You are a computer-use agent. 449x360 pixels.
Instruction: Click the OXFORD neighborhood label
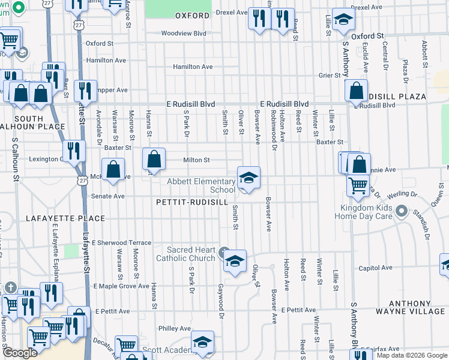pyautogui.click(x=193, y=16)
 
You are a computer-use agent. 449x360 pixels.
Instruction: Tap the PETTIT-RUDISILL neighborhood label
pyautogui.click(x=191, y=203)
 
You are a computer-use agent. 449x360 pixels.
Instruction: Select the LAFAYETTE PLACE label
pyautogui.click(x=65, y=219)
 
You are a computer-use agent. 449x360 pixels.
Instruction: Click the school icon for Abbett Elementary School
pyautogui.click(x=249, y=178)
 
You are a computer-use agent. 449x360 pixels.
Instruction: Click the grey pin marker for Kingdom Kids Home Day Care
pyautogui.click(x=402, y=212)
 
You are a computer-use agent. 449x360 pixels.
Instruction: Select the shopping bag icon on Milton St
pyautogui.click(x=154, y=160)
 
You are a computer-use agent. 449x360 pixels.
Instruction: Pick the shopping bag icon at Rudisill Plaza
pyautogui.click(x=357, y=91)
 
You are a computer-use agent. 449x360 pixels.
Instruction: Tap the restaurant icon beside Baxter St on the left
pyautogui.click(x=74, y=151)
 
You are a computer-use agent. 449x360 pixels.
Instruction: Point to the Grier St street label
pyautogui.click(x=330, y=76)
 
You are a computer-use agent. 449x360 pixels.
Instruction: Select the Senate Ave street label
pyautogui.click(x=107, y=196)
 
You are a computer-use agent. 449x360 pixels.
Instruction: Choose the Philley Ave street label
pyautogui.click(x=175, y=329)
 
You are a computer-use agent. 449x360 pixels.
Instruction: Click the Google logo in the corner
pyautogui.click(x=20, y=353)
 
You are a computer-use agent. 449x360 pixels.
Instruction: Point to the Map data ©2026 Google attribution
pyautogui.click(x=411, y=355)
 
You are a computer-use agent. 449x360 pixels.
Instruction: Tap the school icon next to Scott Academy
pyautogui.click(x=202, y=342)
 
